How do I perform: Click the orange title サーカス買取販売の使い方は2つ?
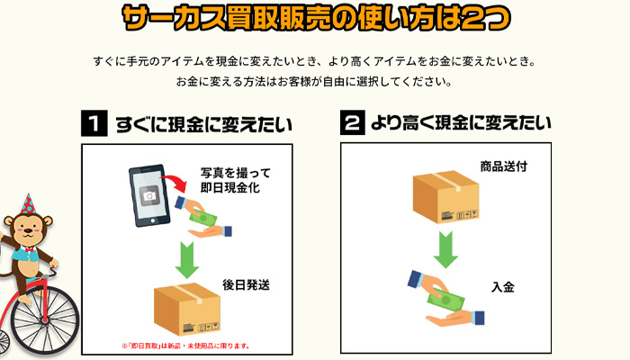pos(315,19)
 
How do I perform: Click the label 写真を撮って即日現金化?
pos(235,180)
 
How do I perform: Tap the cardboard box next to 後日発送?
pos(186,309)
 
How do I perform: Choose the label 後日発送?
pos(246,285)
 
